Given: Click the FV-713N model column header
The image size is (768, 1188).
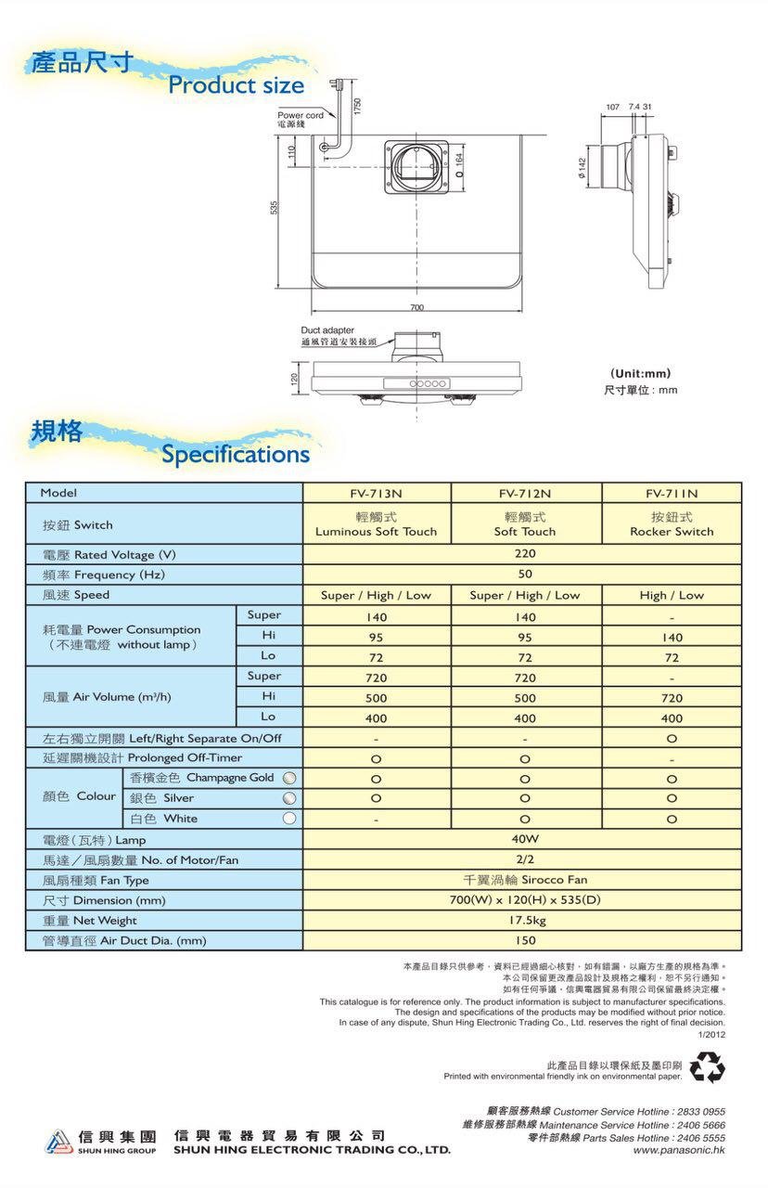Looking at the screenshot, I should coord(376,493).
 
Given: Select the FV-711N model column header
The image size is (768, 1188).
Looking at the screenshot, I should coord(672,493).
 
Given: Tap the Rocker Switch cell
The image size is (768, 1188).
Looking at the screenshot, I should coord(672,532).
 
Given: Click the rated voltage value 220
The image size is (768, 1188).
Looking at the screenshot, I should coord(525,554).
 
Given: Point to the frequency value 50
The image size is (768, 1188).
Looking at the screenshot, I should coord(525,575).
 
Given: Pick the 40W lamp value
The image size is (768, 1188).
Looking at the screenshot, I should coord(525,839).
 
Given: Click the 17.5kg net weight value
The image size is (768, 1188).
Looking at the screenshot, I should coord(525,921).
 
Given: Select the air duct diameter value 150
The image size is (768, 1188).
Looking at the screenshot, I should coord(525,940).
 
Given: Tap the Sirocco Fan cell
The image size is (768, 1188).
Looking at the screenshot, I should coord(525,880).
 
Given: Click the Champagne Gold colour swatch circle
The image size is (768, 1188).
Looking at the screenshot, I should coord(289,778).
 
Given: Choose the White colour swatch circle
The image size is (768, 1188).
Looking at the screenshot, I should coord(289,819).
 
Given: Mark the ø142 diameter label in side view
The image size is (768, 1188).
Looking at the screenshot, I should coord(581,168).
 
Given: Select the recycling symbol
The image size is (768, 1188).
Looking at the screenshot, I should coord(707,1066).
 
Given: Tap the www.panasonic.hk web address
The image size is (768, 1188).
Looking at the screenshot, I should coord(679,1150).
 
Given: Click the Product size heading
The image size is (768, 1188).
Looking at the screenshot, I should coord(236,85).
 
